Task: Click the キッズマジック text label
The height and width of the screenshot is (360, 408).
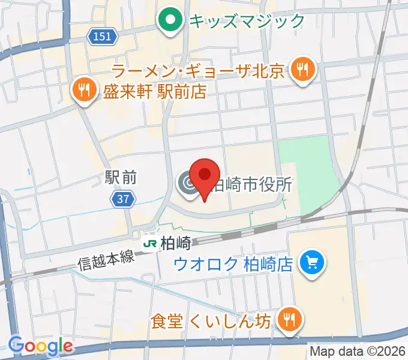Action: click(x=247, y=22)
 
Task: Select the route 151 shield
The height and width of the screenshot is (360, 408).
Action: click(x=102, y=37)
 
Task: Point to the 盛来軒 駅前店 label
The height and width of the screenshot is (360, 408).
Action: click(x=154, y=91)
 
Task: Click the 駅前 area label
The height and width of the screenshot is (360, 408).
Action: click(x=121, y=178)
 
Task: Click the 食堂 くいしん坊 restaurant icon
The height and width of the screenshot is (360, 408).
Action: click(x=290, y=320)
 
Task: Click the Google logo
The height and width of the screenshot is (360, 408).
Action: click(x=41, y=345)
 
